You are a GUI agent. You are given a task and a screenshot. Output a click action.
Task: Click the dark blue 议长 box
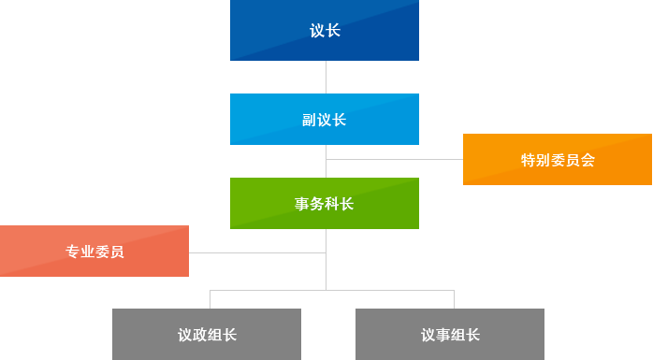(x=325, y=31)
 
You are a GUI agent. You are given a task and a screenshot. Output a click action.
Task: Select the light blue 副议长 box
(x=325, y=120)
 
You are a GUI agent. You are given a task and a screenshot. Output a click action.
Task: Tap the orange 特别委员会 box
(x=558, y=160)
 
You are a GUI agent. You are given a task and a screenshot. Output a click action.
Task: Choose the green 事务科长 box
(x=325, y=204)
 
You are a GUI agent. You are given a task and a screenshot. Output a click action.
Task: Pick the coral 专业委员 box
(x=94, y=252)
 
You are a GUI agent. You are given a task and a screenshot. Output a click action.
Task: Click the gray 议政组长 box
(x=207, y=335)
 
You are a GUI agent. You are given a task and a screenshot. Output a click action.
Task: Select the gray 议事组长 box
(x=450, y=335)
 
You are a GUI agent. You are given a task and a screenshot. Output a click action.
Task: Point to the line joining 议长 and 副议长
(x=326, y=77)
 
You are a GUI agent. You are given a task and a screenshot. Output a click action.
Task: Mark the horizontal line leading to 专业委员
(x=257, y=252)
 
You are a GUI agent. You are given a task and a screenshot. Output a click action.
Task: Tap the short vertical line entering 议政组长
(x=210, y=299)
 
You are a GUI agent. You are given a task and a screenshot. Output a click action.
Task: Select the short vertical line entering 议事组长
(x=454, y=299)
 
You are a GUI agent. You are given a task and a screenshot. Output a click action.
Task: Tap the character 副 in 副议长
(x=310, y=120)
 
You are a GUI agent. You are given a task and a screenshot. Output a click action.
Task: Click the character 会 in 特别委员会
(x=588, y=160)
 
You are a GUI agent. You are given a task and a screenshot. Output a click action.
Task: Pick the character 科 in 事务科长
(x=332, y=204)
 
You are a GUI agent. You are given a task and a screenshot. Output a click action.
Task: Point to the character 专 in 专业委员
(x=73, y=252)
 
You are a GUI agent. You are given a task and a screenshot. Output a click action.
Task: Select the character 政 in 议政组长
(x=199, y=335)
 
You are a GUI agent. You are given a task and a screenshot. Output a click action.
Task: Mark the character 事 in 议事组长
(x=443, y=335)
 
